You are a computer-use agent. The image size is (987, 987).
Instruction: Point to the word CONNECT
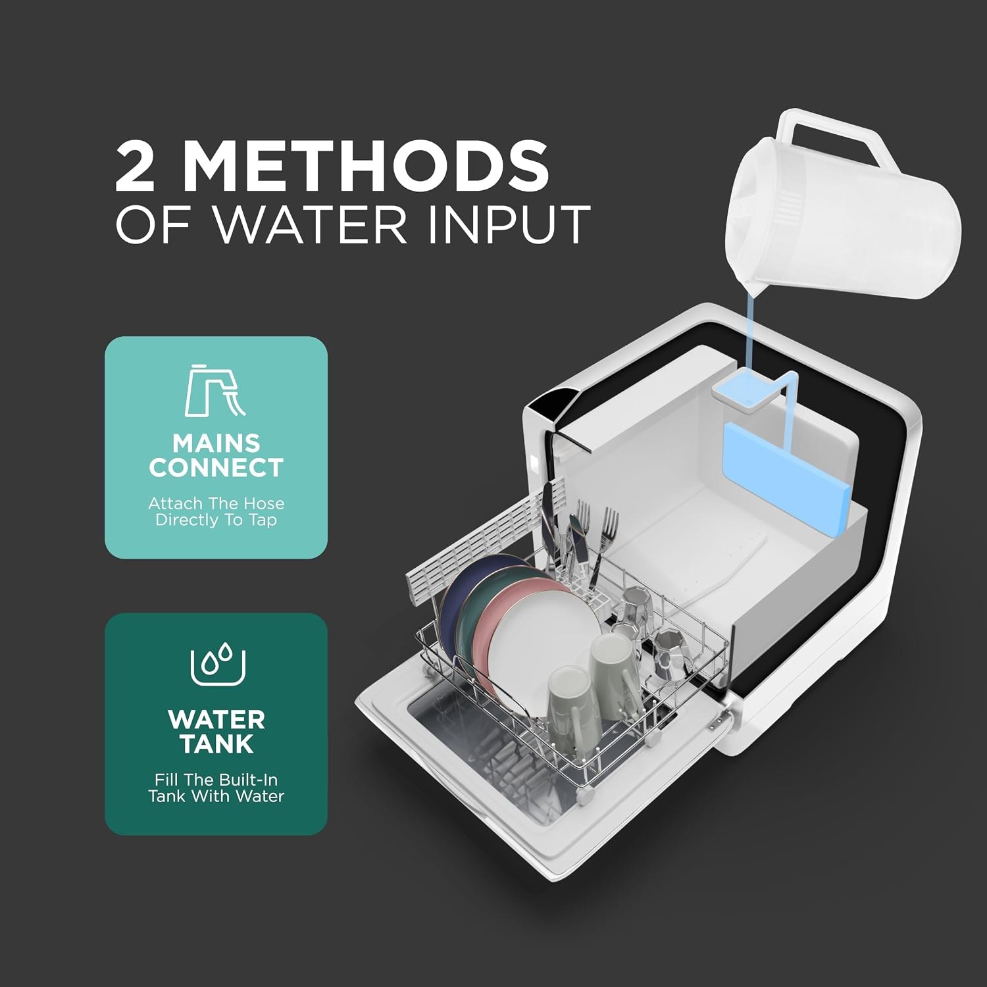[216, 467]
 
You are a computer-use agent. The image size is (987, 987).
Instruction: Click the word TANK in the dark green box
[216, 744]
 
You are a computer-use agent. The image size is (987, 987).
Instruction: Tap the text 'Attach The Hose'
[216, 503]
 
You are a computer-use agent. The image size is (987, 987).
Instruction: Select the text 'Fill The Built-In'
[216, 780]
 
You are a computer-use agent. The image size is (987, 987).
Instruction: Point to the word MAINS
[216, 442]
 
